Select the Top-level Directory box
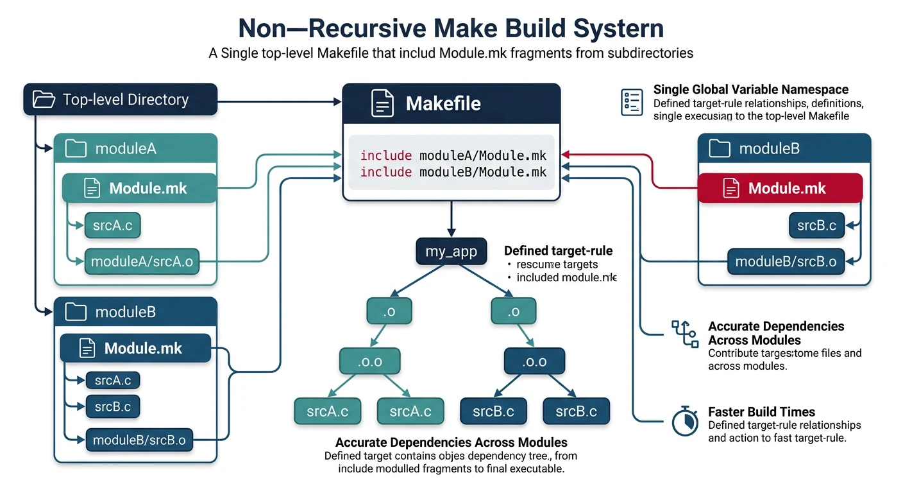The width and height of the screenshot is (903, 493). coord(121,99)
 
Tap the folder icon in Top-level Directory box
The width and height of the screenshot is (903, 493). coord(44,99)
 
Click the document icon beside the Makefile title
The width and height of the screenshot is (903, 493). coord(382,103)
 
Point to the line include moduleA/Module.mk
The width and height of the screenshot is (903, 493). coord(453,155)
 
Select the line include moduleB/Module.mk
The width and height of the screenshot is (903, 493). coord(453,172)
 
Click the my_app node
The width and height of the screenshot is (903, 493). coord(451,251)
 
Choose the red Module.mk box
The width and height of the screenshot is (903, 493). coord(780,189)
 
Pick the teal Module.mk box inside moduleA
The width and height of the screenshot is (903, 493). coord(139,188)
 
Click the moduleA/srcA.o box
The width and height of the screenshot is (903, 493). coord(142,261)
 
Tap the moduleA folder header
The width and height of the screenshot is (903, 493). coord(136,149)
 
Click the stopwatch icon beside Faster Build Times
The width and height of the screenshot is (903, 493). coord(684,420)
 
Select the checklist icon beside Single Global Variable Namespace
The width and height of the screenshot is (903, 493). coord(632,103)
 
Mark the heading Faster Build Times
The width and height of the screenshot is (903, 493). coord(761,412)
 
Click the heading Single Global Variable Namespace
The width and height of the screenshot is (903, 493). coord(750,90)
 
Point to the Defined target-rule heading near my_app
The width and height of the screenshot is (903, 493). coord(558,251)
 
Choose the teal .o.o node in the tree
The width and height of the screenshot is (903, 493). coord(370,361)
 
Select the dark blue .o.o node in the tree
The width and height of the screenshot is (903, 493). coord(534,361)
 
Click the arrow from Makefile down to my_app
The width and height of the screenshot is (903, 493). coord(451,219)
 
